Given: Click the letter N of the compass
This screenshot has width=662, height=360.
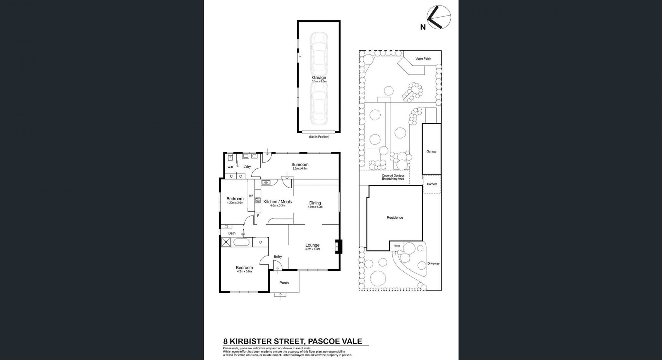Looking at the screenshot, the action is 423,27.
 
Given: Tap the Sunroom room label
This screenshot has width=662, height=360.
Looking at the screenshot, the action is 300,164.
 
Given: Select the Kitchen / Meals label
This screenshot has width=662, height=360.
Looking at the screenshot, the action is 278,202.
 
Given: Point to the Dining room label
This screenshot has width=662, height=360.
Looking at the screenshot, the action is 315,203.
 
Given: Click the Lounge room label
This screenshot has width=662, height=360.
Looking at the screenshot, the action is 312,245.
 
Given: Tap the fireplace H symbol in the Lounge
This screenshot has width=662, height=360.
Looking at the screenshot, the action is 337,247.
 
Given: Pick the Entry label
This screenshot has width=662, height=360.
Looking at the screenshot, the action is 278,257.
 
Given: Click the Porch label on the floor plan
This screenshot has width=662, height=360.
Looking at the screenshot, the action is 284,283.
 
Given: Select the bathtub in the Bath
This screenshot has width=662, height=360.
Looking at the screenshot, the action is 243,242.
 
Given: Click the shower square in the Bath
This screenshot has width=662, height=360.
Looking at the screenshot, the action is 226,242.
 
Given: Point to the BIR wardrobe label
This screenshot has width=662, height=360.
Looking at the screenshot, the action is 251,196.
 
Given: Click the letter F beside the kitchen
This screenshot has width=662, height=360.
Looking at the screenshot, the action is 258,216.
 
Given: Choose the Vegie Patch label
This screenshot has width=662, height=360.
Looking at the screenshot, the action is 423,59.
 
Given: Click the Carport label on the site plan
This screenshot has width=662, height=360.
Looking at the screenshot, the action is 432,184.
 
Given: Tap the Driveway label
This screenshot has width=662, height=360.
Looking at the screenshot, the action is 433,263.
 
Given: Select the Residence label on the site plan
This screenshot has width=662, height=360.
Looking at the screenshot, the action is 395,218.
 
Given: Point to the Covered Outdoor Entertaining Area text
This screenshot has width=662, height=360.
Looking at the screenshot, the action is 393,177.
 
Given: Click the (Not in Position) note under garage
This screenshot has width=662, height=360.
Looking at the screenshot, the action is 319,137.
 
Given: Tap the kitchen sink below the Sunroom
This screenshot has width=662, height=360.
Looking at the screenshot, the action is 265,182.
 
